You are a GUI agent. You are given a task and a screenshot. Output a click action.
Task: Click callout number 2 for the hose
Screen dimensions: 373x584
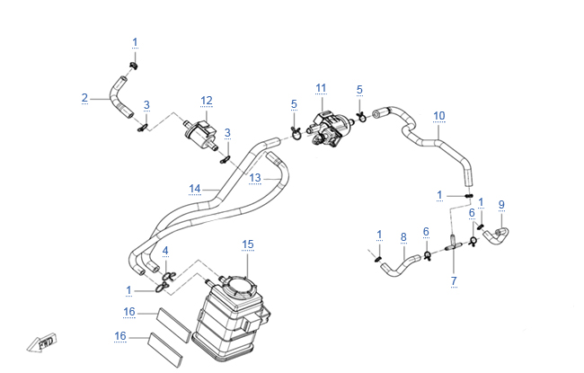coord(84,98)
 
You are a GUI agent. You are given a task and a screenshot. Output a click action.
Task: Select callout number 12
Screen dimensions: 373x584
coord(207,100)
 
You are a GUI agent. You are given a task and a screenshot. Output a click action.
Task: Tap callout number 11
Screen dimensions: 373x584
coord(321,87)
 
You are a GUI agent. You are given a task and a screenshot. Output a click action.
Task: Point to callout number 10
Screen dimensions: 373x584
coord(439,115)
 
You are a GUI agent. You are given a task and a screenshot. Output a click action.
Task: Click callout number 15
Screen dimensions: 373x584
coord(249,244)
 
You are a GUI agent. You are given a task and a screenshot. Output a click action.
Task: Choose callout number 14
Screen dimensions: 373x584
coord(194,189)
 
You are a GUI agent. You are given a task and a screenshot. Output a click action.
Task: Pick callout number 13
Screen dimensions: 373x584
coord(254,177)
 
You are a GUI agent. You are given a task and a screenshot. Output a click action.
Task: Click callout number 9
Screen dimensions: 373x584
coord(501,204)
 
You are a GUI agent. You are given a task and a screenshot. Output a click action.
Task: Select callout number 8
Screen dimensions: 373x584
coord(403,237)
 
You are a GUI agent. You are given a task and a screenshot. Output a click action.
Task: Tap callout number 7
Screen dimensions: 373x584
coord(454,281)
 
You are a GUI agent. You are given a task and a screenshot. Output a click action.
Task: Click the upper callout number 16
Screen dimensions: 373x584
coord(129,312)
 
